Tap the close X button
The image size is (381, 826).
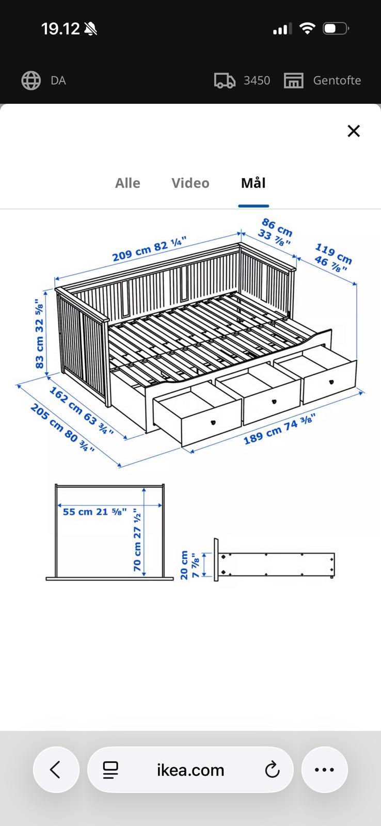353,131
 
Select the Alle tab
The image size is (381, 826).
128,183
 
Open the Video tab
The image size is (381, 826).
190,183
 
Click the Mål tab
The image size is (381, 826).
253,183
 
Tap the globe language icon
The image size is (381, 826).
31,81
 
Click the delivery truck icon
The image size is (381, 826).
225,81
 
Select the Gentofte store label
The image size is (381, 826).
337,81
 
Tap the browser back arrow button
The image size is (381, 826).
56,770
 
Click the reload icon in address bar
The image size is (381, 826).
272,770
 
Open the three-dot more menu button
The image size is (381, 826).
325,770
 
